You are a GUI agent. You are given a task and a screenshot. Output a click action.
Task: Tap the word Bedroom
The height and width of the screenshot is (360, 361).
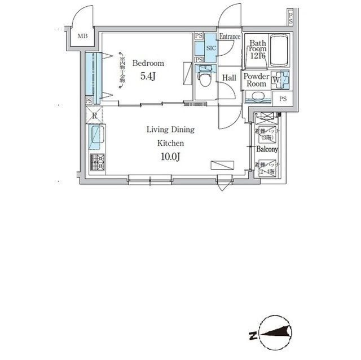[148, 63]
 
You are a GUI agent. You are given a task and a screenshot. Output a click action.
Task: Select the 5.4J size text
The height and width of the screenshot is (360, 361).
[147, 77]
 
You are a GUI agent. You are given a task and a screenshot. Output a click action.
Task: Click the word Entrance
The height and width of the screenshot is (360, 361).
[230, 37]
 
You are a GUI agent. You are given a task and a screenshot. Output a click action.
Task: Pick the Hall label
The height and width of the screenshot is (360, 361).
[229, 78]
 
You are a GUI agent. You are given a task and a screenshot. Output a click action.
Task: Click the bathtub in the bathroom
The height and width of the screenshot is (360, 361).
[279, 51]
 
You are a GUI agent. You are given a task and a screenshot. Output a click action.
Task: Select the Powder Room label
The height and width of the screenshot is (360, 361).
[257, 80]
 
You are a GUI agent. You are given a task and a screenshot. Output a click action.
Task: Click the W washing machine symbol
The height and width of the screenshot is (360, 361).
[275, 79]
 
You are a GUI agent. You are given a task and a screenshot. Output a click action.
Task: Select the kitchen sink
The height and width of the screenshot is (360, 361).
[95, 136]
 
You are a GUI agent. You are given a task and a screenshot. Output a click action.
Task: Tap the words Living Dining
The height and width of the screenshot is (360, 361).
[170, 130]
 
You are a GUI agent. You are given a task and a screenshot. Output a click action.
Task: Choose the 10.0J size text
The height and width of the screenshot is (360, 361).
[170, 157]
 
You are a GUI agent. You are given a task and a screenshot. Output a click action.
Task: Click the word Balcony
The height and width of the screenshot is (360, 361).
[267, 149]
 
